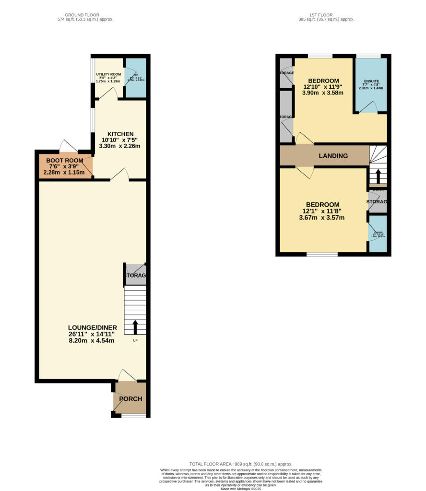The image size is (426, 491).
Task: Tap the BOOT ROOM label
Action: (64, 161)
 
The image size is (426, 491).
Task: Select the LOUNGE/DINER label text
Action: (92, 327)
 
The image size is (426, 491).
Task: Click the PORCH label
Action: (130, 398)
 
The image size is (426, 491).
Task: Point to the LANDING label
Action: (333, 156)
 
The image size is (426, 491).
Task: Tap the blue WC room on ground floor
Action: (135, 79)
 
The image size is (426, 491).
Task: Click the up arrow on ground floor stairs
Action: (135, 327)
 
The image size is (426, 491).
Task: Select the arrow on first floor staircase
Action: (378, 176)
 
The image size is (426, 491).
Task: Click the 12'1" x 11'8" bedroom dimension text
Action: (321, 211)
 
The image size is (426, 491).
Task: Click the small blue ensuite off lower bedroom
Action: (378, 234)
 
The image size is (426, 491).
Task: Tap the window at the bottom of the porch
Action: (133, 416)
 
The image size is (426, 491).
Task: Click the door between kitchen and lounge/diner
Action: (120, 176)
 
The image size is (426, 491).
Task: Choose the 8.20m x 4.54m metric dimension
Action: (92, 341)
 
